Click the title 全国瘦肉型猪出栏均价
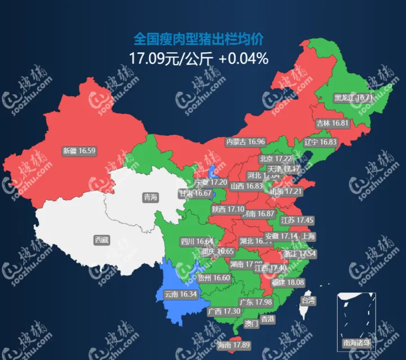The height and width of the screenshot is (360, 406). click(x=199, y=39)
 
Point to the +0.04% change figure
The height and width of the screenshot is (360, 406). click(x=244, y=57)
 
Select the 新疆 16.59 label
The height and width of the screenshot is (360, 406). click(x=79, y=151)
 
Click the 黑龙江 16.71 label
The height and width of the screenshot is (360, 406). click(x=353, y=97)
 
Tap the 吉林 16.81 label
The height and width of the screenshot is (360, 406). click(x=333, y=123)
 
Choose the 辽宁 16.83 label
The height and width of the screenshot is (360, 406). click(x=320, y=142)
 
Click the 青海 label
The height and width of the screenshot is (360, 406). click(x=150, y=197)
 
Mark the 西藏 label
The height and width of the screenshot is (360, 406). click(x=101, y=240)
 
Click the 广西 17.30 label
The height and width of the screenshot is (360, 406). click(x=224, y=311)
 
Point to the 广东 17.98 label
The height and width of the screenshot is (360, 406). click(x=256, y=303)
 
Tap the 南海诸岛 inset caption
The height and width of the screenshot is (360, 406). click(x=356, y=342)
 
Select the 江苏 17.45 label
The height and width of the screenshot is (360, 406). click(x=297, y=220)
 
